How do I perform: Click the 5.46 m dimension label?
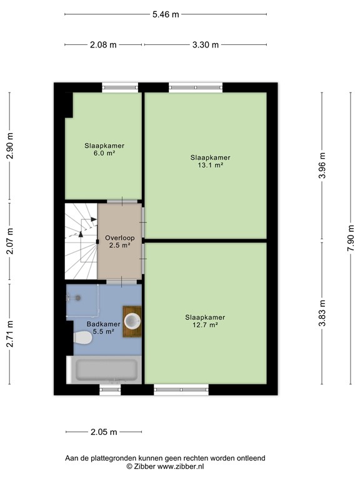click(165, 14)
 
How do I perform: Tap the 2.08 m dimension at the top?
click(103, 45)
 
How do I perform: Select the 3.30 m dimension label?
click(206, 45)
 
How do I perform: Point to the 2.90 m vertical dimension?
click(9, 147)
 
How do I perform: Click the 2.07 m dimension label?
click(9, 242)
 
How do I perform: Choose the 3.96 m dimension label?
click(322, 166)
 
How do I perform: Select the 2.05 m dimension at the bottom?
click(103, 432)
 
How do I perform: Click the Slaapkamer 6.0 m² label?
click(104, 149)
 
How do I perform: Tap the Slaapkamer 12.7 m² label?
click(205, 321)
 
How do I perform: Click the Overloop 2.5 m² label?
click(117, 241)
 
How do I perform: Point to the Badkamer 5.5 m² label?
click(103, 327)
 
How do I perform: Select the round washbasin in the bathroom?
click(132, 321)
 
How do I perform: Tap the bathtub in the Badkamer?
click(106, 371)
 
